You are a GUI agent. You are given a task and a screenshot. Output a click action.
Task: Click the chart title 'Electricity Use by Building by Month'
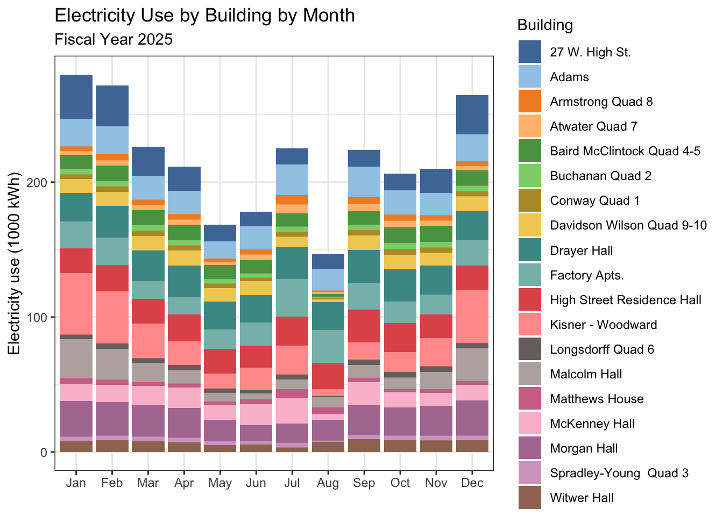click(204, 15)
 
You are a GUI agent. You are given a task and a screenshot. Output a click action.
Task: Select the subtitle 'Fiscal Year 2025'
click(114, 39)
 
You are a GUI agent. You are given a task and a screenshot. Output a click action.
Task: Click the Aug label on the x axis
click(328, 483)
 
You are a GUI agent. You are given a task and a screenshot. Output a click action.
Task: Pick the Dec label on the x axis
click(472, 483)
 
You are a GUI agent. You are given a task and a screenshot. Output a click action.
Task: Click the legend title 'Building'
click(545, 25)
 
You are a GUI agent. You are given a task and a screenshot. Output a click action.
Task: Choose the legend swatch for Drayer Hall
click(529, 250)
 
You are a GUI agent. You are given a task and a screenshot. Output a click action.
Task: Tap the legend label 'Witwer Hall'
click(582, 498)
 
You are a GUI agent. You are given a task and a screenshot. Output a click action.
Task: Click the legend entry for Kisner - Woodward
click(603, 325)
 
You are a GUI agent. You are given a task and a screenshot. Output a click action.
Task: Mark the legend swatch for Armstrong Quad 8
click(529, 102)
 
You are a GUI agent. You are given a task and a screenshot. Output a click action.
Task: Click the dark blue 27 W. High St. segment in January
click(76, 97)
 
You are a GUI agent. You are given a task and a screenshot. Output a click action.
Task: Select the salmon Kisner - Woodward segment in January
click(76, 304)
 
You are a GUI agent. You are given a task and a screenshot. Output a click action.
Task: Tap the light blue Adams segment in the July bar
click(292, 180)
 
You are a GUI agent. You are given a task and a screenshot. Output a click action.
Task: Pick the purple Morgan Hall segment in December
click(472, 418)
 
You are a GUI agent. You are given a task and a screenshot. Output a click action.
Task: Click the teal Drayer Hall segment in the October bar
click(400, 285)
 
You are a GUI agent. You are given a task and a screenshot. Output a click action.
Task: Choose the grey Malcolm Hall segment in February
click(112, 364)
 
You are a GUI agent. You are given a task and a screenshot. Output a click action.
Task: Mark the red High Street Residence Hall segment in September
click(364, 326)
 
